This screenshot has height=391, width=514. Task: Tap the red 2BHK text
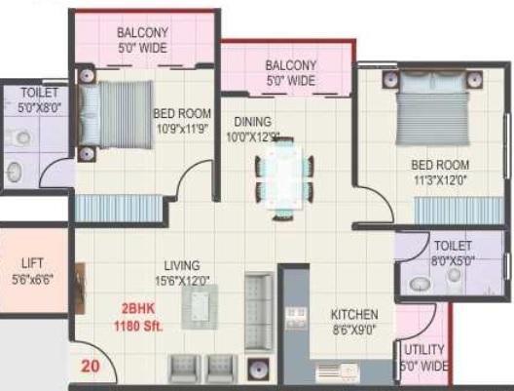(136, 309)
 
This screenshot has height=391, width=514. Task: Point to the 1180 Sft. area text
(136, 325)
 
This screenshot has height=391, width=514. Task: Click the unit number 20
(91, 367)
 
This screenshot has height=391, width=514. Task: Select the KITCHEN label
(353, 315)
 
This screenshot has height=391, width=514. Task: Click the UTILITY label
(423, 350)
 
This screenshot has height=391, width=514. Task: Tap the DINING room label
(250, 122)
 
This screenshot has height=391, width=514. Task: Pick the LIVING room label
(182, 265)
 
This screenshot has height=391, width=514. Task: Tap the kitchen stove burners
(296, 319)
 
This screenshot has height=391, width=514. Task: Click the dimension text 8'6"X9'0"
(353, 331)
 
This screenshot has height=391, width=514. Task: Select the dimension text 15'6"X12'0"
(182, 280)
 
